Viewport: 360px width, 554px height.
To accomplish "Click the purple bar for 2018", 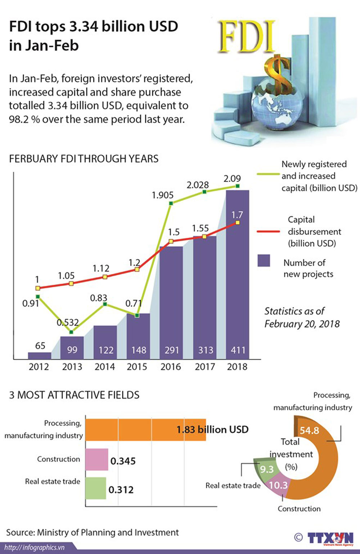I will coord(237,274).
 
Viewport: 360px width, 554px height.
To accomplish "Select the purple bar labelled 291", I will coord(171,303).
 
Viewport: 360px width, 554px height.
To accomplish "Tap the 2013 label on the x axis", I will coord(72,367).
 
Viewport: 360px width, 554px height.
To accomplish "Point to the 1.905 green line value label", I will coord(163,195).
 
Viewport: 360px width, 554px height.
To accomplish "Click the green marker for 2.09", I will coord(238,186).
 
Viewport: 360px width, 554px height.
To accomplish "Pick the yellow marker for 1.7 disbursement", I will coord(237,223).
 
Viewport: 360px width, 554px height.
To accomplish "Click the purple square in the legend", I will coord(264,260).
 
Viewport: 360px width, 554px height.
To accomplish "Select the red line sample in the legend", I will coord(269,231).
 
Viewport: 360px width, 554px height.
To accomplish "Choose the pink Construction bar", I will coord(96,459).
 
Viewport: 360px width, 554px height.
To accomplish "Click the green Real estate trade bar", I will coord(95,488).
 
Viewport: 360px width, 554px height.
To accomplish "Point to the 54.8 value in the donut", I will coord(309,430).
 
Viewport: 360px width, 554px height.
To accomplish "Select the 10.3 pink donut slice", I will coord(278,485).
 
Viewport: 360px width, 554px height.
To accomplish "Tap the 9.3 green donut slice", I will coord(267,469).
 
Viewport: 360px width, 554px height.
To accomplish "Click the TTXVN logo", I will coord(330,538).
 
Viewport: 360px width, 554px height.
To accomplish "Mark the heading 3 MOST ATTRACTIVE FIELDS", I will coord(74,395).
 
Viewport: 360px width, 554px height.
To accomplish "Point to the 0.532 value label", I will coord(68,322).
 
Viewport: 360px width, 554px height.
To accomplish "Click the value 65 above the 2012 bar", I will coord(40,346).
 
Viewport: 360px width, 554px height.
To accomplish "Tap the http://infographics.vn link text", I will coord(34,548).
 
